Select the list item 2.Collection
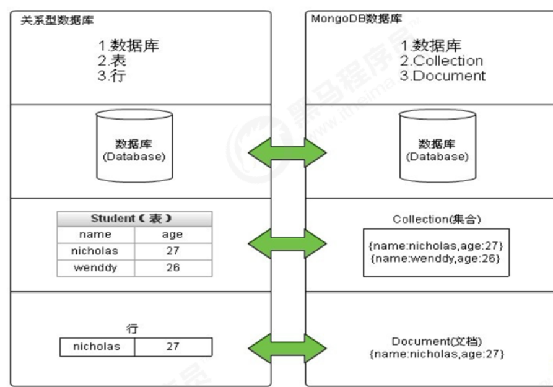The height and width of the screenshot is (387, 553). coord(442,61)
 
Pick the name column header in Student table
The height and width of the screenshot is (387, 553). coord(97,235)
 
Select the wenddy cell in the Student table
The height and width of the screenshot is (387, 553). coord(97,268)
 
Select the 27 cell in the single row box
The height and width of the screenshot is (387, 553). coord(173,347)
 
